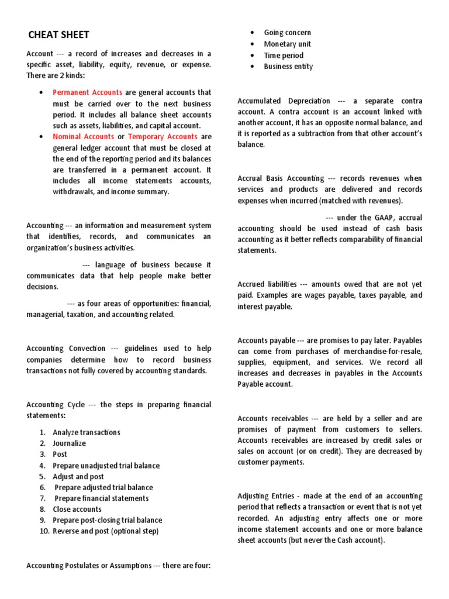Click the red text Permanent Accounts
[87, 92]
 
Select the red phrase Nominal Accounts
[83, 137]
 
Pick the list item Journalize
[69, 443]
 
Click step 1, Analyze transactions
[86, 432]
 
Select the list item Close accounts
[77, 510]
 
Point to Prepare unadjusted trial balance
[106, 466]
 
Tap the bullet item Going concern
[287, 33]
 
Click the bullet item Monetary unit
[287, 44]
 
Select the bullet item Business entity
[288, 67]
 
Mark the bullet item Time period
[284, 56]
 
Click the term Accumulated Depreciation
[284, 101]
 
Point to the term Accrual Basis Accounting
[281, 178]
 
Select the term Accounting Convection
[66, 349]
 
